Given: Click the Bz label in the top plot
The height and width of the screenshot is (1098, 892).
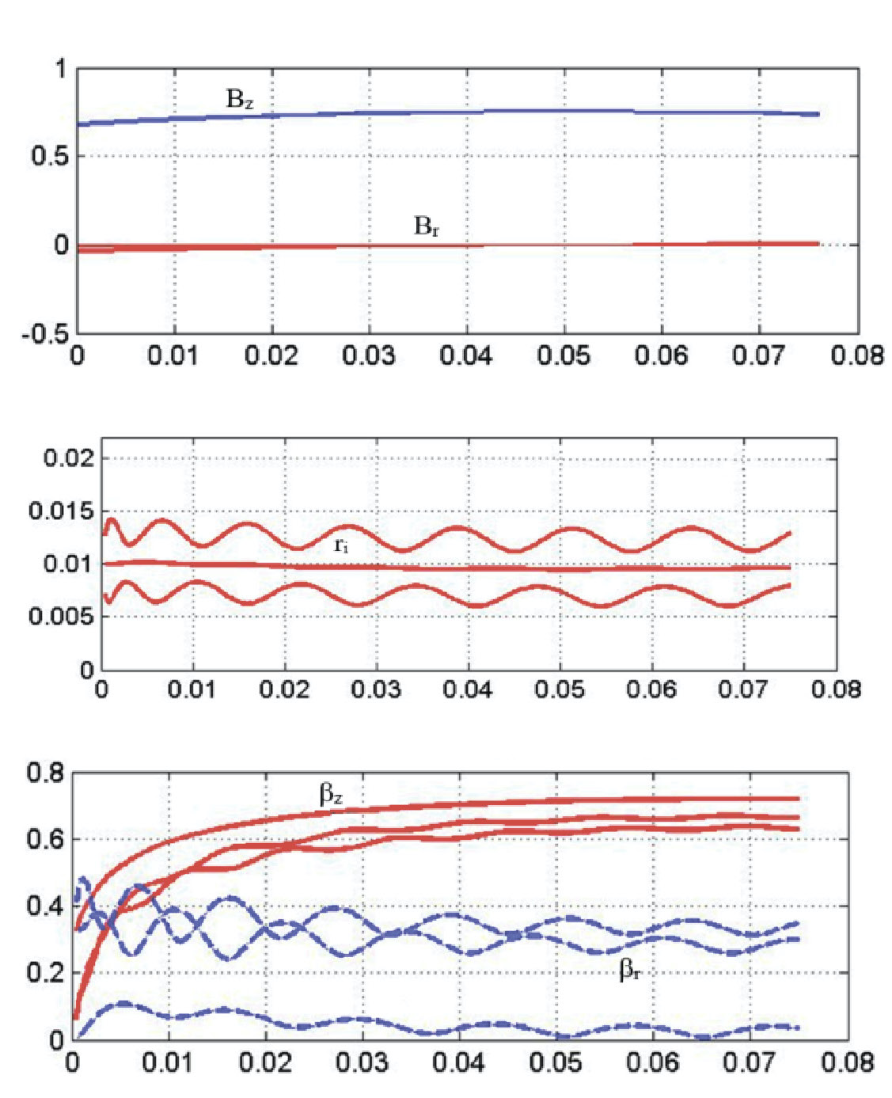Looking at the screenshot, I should pos(240,100).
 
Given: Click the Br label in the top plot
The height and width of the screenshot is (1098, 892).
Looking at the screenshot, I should pos(427,226).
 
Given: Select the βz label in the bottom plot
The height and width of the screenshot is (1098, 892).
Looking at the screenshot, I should pos(331,794).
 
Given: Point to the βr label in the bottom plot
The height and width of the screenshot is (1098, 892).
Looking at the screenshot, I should pos(630,970).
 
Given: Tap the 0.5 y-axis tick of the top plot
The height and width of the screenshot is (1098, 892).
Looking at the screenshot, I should pos(50,157).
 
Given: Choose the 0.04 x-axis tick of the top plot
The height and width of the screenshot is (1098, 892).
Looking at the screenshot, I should pos(466,355).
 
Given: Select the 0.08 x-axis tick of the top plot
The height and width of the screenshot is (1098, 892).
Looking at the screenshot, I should pos(857,355).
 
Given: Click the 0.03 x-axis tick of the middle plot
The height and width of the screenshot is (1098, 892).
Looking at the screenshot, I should pos(376,689).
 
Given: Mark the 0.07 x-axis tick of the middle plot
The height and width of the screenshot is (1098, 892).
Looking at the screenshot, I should pos(744,689).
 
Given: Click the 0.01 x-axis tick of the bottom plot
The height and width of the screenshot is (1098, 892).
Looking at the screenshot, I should pos(169,1062).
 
